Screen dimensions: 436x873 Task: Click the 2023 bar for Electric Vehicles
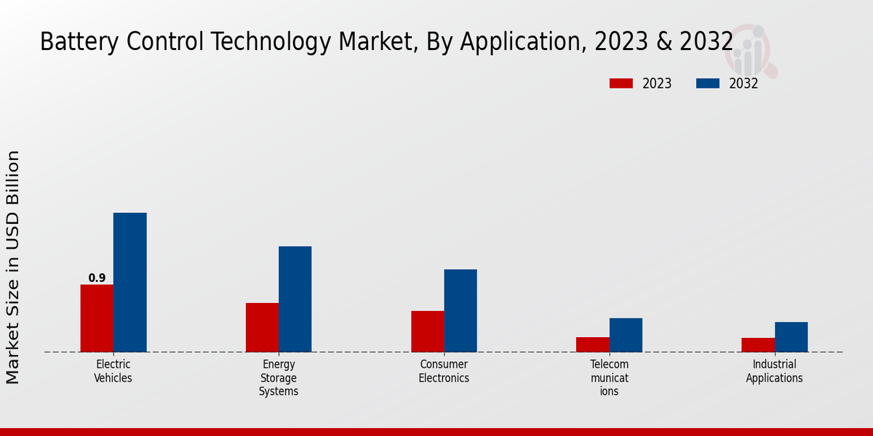click(97, 318)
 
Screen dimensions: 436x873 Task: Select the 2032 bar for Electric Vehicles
click(129, 283)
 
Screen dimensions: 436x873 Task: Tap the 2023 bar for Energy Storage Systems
click(262, 327)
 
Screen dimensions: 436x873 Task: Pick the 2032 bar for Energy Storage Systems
click(295, 299)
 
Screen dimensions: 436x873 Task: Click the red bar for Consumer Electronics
click(428, 331)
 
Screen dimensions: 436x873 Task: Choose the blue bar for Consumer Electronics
click(461, 310)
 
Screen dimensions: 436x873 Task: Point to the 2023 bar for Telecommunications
click(593, 344)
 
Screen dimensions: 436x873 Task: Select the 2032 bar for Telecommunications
click(626, 335)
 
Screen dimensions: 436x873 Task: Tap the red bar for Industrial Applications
click(758, 344)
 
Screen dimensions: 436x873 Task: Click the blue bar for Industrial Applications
click(791, 337)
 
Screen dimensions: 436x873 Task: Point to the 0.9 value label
click(97, 278)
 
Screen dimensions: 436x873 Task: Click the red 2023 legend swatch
click(621, 84)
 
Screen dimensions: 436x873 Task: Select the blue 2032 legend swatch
click(707, 84)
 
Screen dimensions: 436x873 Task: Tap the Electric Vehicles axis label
click(113, 371)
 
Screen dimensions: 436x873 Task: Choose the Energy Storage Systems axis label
click(279, 378)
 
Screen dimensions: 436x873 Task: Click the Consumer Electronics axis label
click(444, 371)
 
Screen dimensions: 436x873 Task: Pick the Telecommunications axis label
click(610, 378)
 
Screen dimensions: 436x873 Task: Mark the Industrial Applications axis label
click(774, 371)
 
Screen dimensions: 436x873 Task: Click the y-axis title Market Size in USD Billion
click(13, 267)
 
